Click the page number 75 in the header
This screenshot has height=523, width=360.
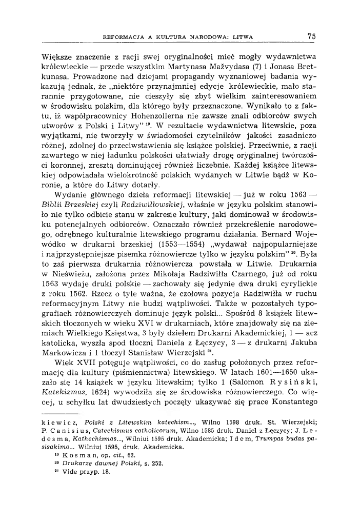point(311,36)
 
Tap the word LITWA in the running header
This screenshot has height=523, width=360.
point(245,37)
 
